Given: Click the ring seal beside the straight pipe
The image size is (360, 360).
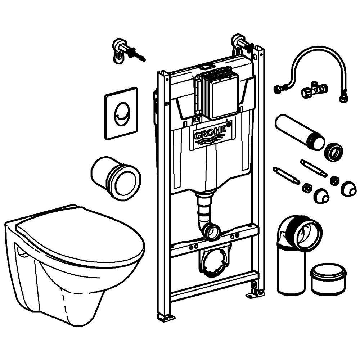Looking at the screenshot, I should pos(333,152).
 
